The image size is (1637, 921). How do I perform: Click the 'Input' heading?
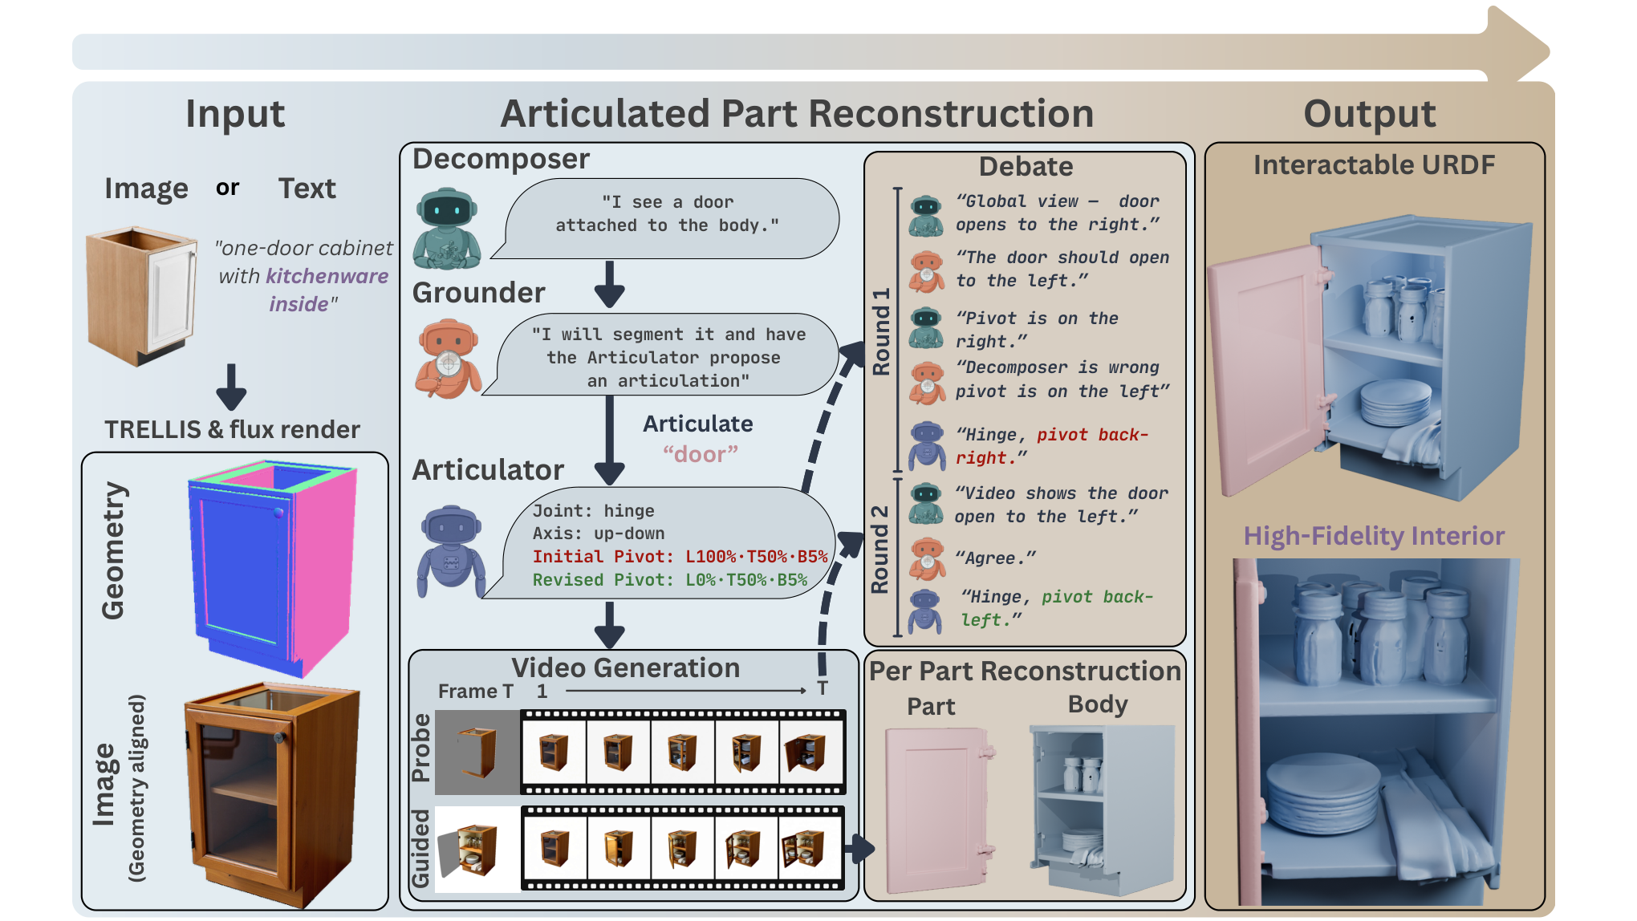(235, 114)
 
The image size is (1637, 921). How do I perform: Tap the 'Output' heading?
(1370, 114)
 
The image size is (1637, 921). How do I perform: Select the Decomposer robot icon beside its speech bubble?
(447, 229)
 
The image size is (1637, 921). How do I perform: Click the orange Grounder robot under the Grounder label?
(448, 359)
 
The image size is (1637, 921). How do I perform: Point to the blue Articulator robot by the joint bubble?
(451, 552)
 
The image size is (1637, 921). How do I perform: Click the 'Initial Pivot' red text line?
(680, 557)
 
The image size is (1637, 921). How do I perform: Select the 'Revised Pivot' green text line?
(670, 580)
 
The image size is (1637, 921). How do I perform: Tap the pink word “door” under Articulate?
(701, 454)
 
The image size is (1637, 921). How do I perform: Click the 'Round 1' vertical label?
(882, 331)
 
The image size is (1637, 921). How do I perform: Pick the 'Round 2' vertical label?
(880, 549)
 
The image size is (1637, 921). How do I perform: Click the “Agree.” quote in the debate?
(996, 558)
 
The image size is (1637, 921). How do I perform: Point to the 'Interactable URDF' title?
(1374, 165)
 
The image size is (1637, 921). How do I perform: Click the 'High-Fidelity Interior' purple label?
(1374, 536)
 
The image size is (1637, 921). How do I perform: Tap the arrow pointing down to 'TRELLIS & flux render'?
(231, 387)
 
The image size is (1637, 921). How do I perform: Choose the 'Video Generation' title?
(626, 667)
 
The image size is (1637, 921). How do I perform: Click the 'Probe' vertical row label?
(421, 748)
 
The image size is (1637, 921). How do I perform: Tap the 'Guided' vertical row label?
(421, 848)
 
